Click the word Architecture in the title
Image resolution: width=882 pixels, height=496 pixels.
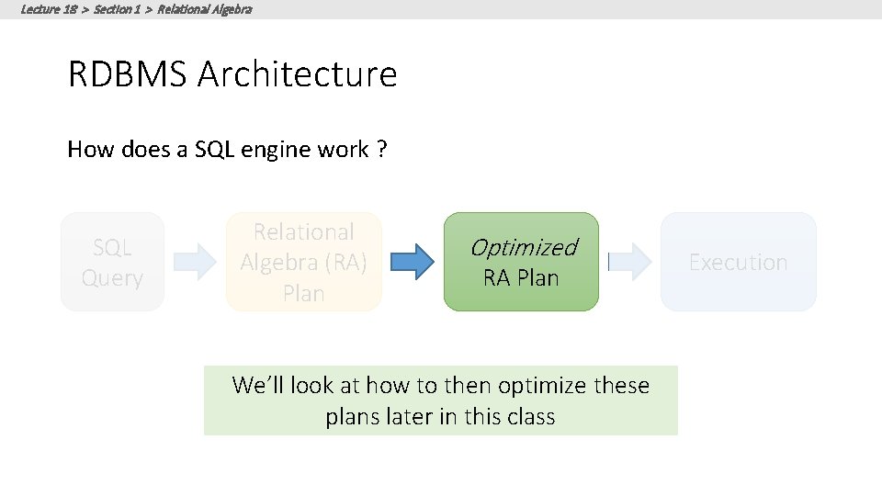[x=297, y=74]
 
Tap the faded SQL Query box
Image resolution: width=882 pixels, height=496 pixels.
[x=112, y=263]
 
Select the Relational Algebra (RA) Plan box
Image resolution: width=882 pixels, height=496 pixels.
[x=303, y=263]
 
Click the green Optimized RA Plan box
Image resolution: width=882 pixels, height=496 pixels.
[x=521, y=263]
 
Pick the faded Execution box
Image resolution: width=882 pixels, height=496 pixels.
[x=738, y=263]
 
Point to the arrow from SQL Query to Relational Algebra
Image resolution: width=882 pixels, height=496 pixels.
[x=195, y=263]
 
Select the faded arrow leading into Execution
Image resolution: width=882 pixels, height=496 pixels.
[x=629, y=263]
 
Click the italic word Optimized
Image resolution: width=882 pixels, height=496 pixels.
[x=523, y=247]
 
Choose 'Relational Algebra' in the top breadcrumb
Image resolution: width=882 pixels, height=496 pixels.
[x=204, y=9]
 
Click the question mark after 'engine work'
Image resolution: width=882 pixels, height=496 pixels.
[x=381, y=150]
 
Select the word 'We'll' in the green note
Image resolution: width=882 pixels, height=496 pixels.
[x=257, y=385]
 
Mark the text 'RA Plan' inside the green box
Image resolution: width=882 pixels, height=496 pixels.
[x=521, y=278]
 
